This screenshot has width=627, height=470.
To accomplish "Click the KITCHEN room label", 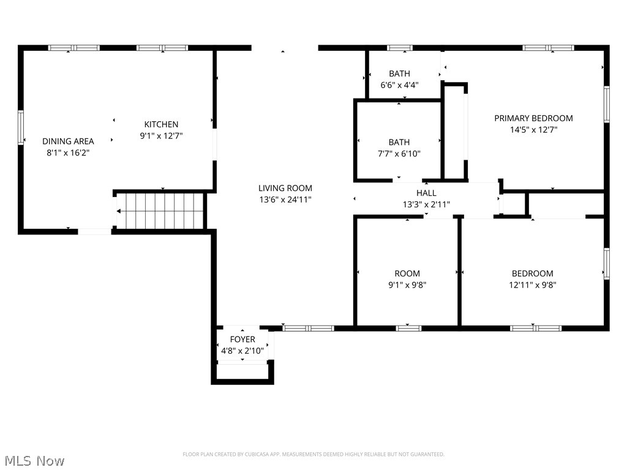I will [x=161, y=124].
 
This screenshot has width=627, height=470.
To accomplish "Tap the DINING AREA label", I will [x=68, y=141].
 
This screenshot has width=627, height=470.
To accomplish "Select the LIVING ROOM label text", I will [x=285, y=188].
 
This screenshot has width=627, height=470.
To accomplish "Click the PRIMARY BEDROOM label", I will [x=533, y=118].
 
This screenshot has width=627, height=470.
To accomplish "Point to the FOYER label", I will [x=242, y=340].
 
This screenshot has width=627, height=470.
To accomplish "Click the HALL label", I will [x=426, y=193].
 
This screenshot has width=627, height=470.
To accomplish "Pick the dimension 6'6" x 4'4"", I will [x=399, y=85].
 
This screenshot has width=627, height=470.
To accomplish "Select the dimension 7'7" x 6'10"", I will [x=399, y=154].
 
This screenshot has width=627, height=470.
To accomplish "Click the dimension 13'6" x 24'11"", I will [x=285, y=200].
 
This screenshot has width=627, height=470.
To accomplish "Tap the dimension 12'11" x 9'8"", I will [x=532, y=285].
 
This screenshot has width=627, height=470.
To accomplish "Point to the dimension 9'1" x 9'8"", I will [x=407, y=285].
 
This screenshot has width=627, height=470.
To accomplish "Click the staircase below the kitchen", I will [x=160, y=211].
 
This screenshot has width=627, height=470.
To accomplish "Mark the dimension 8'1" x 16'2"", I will [x=68, y=152].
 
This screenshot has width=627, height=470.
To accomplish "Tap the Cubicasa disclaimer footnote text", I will [x=313, y=454].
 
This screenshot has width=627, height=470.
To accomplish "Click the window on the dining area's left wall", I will [x=21, y=127].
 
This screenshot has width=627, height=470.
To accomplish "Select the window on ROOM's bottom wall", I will [x=408, y=328].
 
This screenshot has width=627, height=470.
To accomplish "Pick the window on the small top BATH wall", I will [x=399, y=48].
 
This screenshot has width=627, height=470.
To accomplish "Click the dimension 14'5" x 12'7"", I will [x=533, y=129].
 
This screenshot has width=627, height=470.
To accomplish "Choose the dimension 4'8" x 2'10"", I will [x=242, y=351].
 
